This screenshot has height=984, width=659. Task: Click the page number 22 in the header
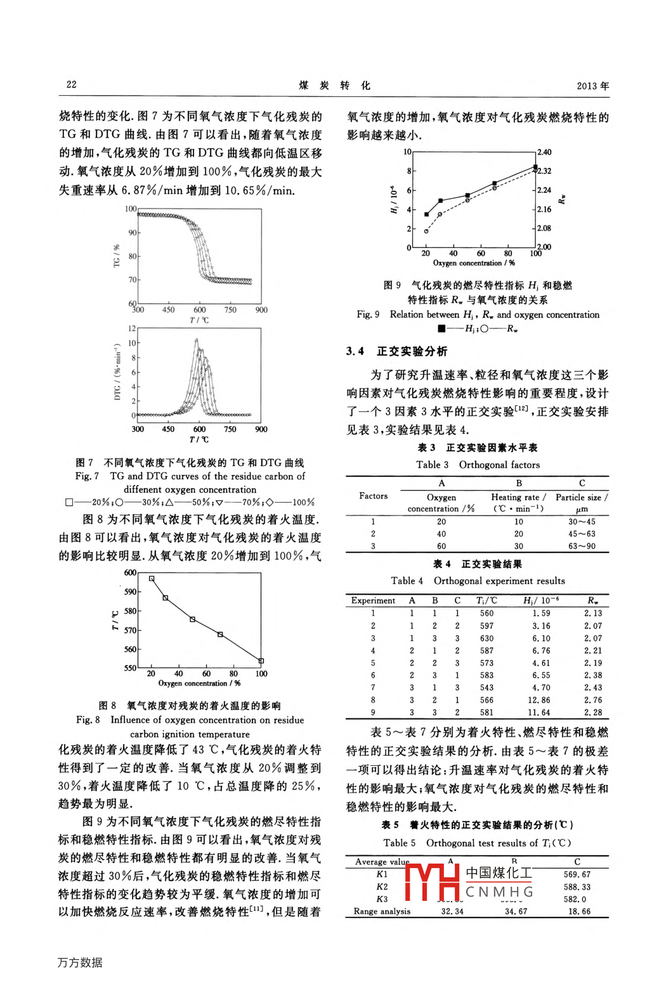coord(71,84)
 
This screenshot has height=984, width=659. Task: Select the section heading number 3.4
coord(355,351)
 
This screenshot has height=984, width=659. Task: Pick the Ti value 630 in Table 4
coord(486,638)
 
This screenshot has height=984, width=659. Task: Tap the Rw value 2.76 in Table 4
coord(593,700)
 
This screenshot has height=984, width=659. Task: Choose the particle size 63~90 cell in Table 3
coord(582,546)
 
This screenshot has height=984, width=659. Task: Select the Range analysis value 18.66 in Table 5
coord(578,911)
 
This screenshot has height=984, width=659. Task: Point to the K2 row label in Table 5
coord(382,887)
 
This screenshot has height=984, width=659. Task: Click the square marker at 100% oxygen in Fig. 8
coord(261,661)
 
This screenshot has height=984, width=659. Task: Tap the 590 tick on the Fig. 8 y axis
coord(130,592)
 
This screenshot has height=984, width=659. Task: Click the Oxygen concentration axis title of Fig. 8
coord(199,683)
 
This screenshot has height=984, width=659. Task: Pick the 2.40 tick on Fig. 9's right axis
coord(544,152)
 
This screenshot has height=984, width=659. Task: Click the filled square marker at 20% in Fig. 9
coord(426,214)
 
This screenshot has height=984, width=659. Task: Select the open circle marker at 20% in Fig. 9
coord(426,231)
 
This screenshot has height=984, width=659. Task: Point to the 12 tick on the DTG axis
coord(132,328)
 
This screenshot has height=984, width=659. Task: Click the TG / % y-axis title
coord(116,256)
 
